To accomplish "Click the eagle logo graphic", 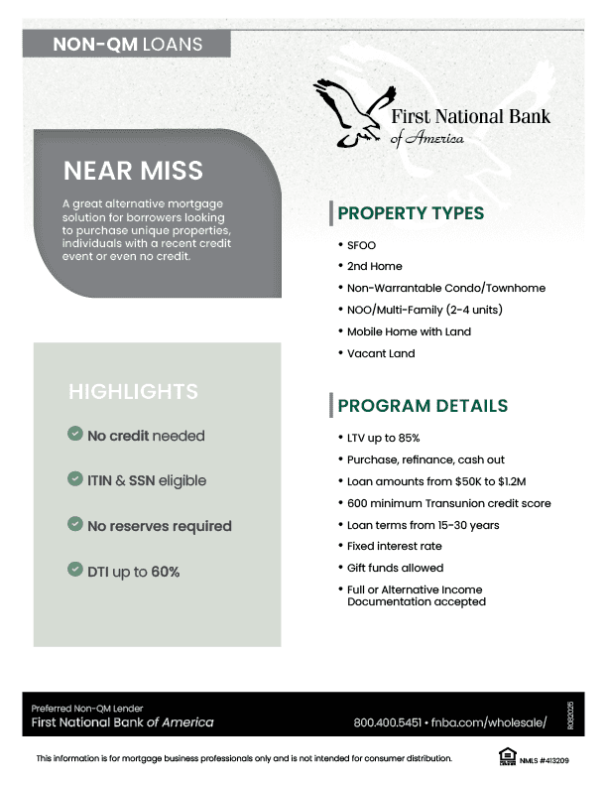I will pyautogui.click(x=349, y=112).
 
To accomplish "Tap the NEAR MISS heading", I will pyautogui.click(x=133, y=171).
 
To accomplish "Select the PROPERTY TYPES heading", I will pyautogui.click(x=411, y=213).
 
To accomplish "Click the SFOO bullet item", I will pyautogui.click(x=361, y=245).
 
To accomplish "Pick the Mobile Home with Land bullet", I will pyautogui.click(x=409, y=331).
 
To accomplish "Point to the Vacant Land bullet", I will pyautogui.click(x=381, y=353).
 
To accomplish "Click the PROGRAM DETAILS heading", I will pyautogui.click(x=423, y=406).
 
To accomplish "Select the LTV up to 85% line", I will pyautogui.click(x=384, y=438).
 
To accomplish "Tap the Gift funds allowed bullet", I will pyautogui.click(x=395, y=568).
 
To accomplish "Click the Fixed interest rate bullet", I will pyautogui.click(x=394, y=546).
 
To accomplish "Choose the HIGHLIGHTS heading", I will pyautogui.click(x=133, y=392).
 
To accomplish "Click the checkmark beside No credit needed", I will pyautogui.click(x=74, y=435).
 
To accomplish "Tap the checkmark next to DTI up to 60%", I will pyautogui.click(x=74, y=570).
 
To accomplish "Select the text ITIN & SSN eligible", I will pyautogui.click(x=147, y=480).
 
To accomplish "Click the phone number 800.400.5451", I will pyautogui.click(x=388, y=722).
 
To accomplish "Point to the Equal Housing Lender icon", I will pyautogui.click(x=506, y=758).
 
